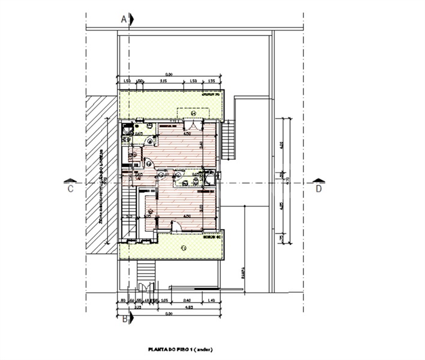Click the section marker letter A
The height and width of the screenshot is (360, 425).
pos(124,19)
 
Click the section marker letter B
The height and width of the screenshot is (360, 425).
pos(124,319)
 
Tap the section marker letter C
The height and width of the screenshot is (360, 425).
pos(70,189)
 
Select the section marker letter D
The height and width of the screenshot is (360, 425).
pos(319,189)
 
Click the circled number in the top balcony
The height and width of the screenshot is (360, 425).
pos(193,113)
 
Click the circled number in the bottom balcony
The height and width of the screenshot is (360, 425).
pos(183,247)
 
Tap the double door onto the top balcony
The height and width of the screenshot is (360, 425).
pos(193,124)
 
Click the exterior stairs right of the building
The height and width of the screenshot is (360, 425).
pos(228,139)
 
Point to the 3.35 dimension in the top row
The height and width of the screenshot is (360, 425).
pos(163,80)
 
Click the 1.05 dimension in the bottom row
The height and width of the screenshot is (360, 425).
pos(163,301)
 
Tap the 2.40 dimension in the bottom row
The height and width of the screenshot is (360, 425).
pos(187,301)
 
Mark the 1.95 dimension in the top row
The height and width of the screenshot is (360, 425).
pos(211,80)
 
